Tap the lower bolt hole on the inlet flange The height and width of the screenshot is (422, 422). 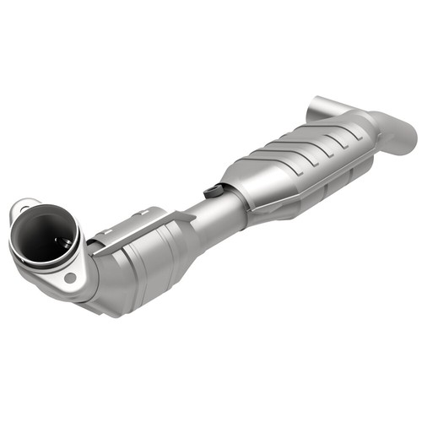click(x=71, y=276)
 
